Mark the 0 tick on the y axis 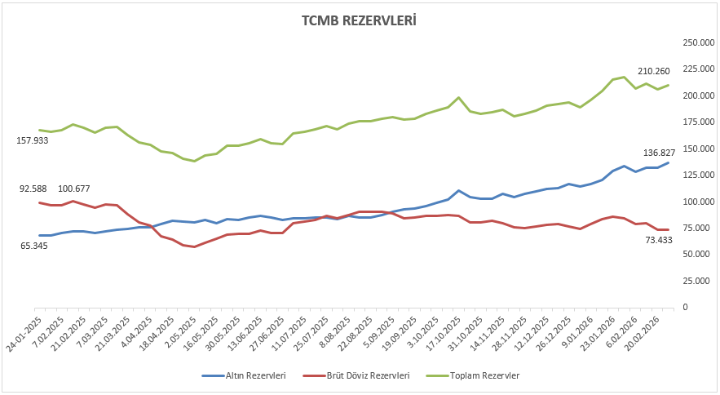(686, 307)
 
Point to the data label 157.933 (33, 140)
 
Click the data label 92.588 (35, 189)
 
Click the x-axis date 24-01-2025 (25, 335)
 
